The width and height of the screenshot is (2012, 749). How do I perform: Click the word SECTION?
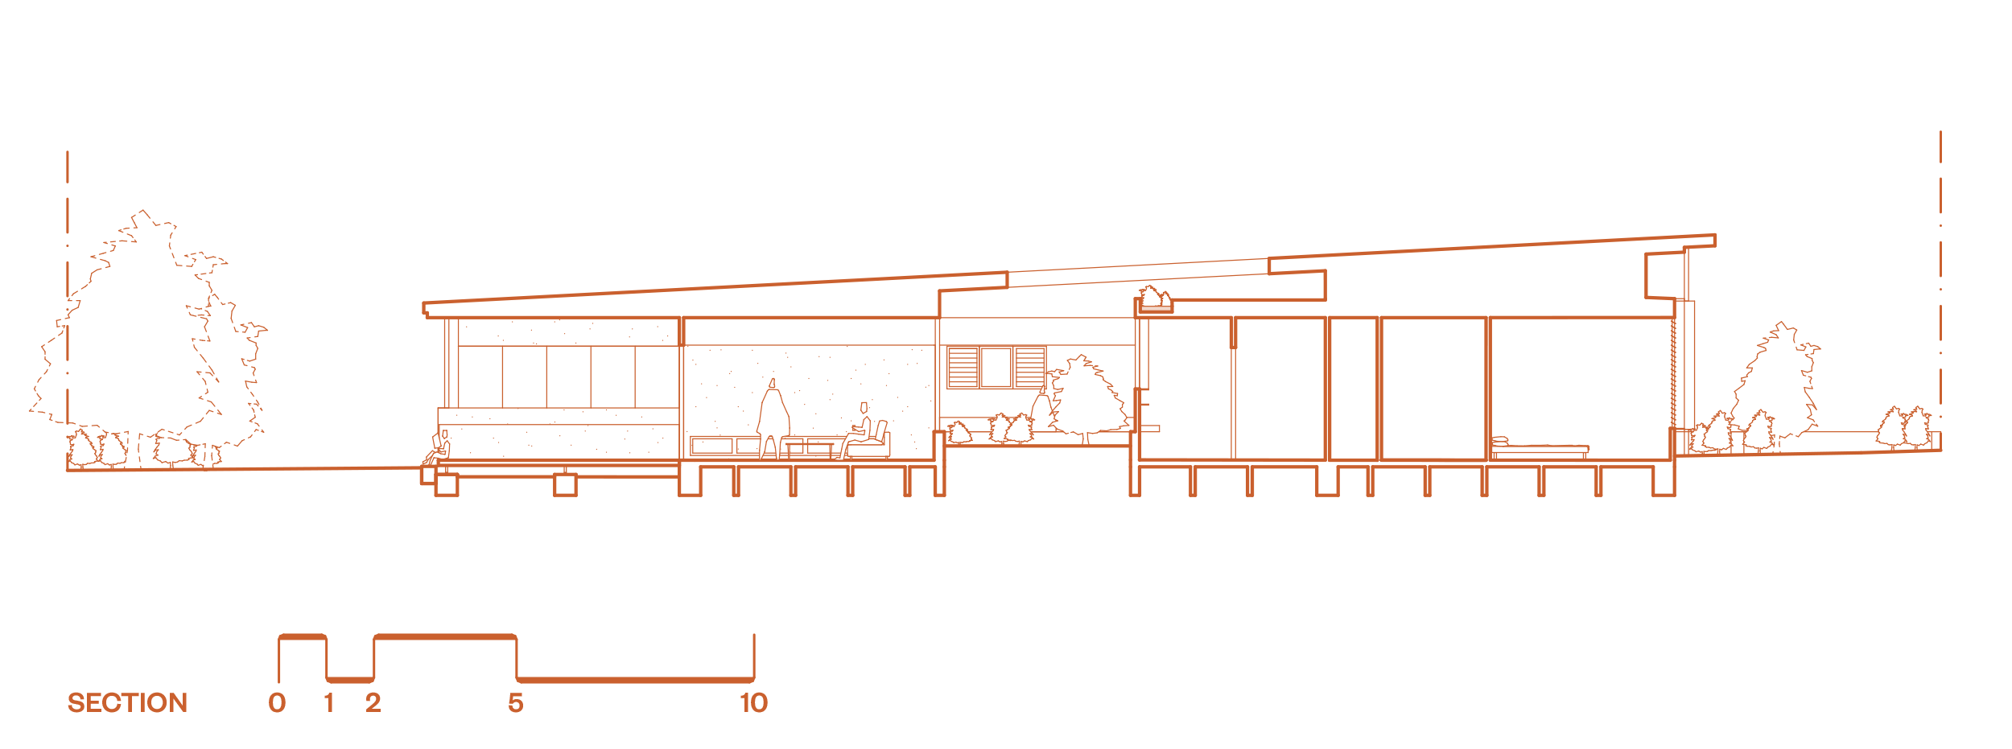coord(127,703)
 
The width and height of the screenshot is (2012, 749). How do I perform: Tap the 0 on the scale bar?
coord(277,703)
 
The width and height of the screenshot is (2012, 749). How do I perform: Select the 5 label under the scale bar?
coord(516,703)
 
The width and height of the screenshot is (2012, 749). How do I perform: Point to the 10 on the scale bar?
coord(754,703)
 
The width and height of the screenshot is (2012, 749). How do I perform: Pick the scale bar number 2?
coord(373,703)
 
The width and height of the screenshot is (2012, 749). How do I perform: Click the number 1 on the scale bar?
coord(328,703)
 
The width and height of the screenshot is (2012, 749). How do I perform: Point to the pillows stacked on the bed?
coord(1499,442)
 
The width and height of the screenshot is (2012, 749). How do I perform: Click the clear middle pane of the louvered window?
coord(996,366)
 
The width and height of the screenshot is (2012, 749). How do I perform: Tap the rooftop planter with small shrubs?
coord(1155,301)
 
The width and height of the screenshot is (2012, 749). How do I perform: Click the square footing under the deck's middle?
coord(565,484)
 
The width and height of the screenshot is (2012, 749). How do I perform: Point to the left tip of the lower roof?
coord(426,308)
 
